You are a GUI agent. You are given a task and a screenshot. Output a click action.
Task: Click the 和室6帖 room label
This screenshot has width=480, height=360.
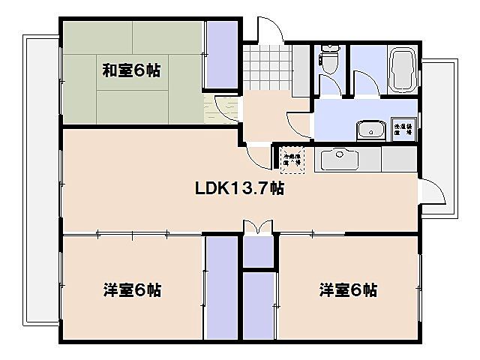(x=131, y=71)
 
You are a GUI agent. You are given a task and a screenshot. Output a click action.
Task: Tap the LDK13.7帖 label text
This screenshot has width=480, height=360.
(x=239, y=188)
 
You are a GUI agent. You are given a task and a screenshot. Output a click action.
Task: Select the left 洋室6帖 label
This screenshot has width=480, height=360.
(x=131, y=289)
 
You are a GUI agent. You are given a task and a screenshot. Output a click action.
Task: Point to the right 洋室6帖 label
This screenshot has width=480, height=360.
(x=348, y=289)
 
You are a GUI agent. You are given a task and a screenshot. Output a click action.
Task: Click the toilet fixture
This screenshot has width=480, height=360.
(x=330, y=57)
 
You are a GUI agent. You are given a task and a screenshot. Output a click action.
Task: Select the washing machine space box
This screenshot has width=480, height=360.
(x=404, y=128)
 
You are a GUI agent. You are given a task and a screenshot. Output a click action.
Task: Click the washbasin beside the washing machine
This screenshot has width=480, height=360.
(x=370, y=130)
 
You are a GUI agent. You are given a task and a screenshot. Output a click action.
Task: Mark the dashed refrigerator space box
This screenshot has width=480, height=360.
(x=293, y=159)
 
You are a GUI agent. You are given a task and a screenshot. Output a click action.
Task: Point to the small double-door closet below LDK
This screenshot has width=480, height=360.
(x=259, y=250)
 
